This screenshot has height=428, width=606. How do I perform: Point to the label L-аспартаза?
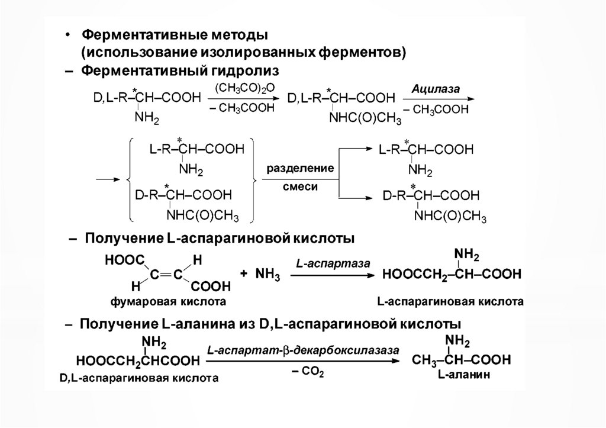[334, 262]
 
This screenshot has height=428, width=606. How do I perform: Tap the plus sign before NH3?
[243, 275]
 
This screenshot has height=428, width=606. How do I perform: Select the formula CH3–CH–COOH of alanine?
[463, 360]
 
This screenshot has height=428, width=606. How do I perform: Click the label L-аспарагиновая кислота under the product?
[450, 301]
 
